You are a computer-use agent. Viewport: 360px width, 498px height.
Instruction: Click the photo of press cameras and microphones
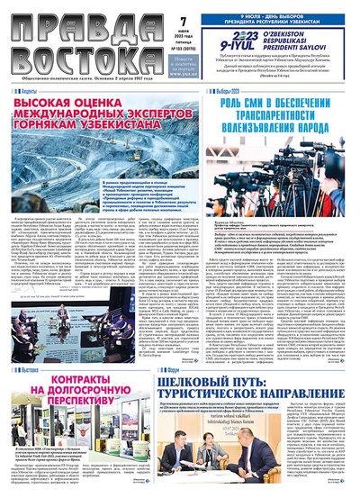[284, 177]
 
